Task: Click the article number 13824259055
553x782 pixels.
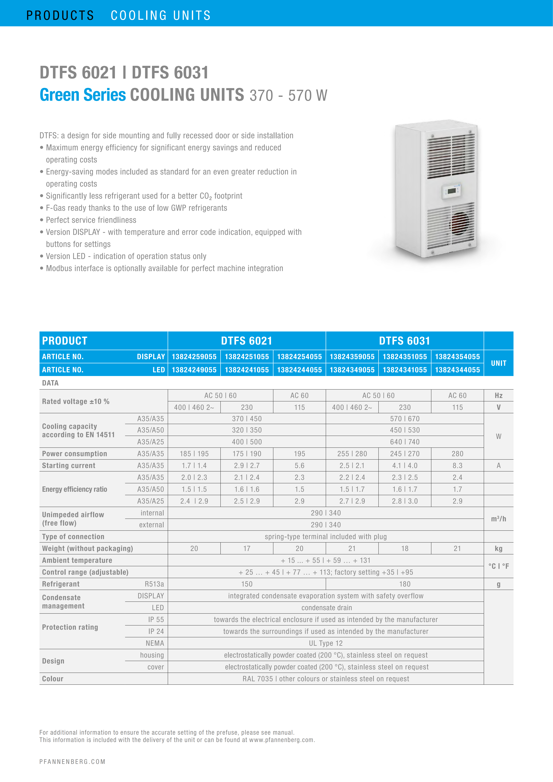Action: pyautogui.click(x=194, y=357)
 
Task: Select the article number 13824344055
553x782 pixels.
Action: pyautogui.click(x=457, y=370)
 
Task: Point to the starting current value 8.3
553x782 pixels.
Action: pyautogui.click(x=457, y=466)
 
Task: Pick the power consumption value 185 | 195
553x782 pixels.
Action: pyautogui.click(x=194, y=454)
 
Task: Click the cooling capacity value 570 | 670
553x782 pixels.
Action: pyautogui.click(x=404, y=419)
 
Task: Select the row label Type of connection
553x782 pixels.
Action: pyautogui.click(x=73, y=537)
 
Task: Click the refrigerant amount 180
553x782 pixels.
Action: pyautogui.click(x=404, y=584)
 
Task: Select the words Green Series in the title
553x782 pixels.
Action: pyautogui.click(x=83, y=95)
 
